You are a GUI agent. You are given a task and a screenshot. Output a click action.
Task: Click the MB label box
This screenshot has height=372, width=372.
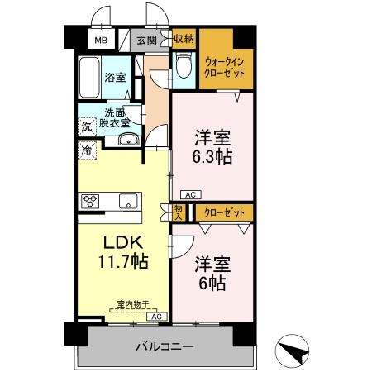pos(100,40)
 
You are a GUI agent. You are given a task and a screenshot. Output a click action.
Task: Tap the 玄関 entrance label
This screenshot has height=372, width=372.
pos(147,40)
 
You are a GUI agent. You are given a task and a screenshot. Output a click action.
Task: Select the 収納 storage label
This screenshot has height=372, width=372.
pos(184,38)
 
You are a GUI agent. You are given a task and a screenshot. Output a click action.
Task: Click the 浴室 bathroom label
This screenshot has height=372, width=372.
pos(115,78)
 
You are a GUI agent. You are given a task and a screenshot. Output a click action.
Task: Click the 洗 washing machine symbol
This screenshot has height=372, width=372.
pos(86,127)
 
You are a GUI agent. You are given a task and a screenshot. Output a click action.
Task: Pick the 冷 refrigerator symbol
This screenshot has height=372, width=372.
pos(86,150)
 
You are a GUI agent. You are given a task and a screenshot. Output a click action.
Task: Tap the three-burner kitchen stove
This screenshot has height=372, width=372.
pos(92,202)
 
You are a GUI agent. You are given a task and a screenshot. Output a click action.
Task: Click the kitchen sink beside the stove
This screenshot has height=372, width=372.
pos(129,202)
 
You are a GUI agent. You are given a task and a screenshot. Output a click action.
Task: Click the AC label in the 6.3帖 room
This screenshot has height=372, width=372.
pos(189,194)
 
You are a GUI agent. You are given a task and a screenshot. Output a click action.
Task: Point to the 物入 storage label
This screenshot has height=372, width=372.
pos(179,212)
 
